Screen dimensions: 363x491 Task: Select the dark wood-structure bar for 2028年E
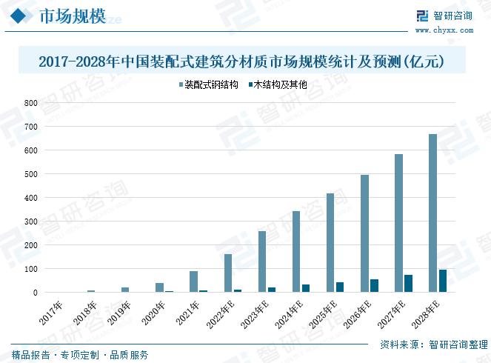[x=442, y=281]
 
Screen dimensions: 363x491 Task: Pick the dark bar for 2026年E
[x=374, y=286]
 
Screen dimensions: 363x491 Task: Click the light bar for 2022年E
[x=228, y=273]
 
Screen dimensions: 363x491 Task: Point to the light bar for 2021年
[x=193, y=282]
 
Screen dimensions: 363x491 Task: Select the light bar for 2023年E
[x=262, y=262]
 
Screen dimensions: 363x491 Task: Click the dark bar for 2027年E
[x=408, y=284]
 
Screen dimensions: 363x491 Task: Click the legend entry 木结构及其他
[x=275, y=85]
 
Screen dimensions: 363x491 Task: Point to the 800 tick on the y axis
[x=30, y=103]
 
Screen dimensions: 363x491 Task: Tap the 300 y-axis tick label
[x=30, y=222]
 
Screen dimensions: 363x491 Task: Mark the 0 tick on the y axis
[x=34, y=293]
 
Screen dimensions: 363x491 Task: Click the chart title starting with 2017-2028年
[x=241, y=62]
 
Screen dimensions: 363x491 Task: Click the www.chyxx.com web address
[x=444, y=31]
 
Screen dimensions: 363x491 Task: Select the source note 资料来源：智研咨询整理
[x=432, y=345]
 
